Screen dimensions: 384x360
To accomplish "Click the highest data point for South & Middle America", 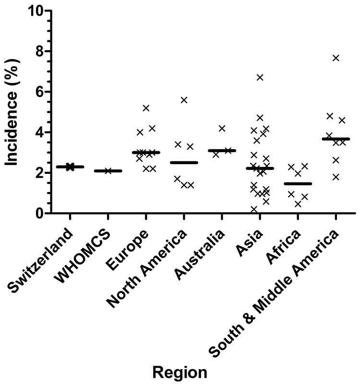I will (x=336, y=58).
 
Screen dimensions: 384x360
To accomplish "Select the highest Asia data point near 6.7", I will (x=260, y=77).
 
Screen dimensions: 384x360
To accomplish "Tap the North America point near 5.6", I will (x=184, y=100).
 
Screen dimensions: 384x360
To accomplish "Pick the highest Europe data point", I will (x=146, y=108).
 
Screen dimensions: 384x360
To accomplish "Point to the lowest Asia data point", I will (x=253, y=209).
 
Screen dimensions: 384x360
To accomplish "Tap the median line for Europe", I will (x=146, y=152).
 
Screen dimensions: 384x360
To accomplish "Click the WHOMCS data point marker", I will (x=108, y=170).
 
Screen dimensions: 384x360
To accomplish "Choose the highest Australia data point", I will (x=222, y=128).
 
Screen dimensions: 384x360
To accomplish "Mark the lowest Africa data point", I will (x=298, y=204).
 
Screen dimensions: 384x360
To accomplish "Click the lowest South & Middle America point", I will (x=336, y=177).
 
